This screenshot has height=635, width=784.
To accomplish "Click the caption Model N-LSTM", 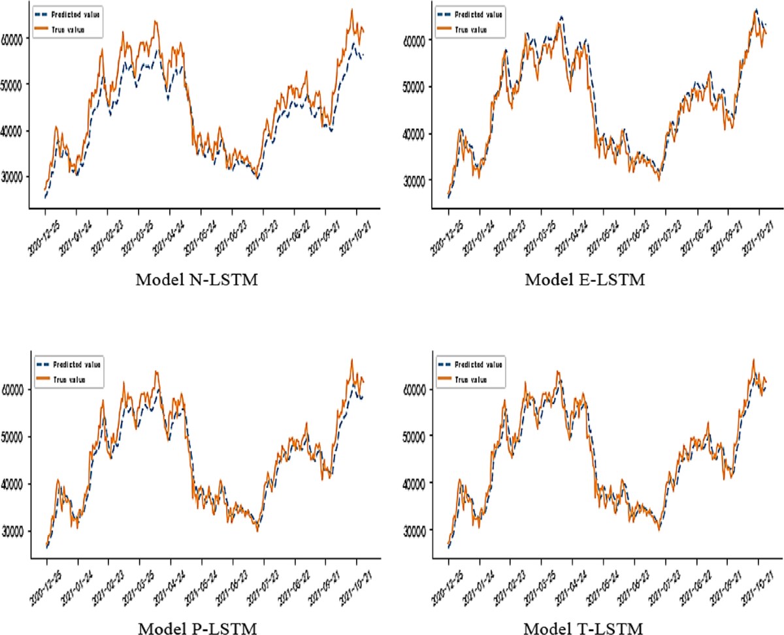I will (196, 281).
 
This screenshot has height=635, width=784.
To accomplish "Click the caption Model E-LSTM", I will (585, 281).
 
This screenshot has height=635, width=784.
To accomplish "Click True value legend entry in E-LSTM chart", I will (472, 29).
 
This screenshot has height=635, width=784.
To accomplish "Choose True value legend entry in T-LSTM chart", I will (472, 379).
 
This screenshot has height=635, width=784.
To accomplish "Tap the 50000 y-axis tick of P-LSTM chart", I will (15, 436).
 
